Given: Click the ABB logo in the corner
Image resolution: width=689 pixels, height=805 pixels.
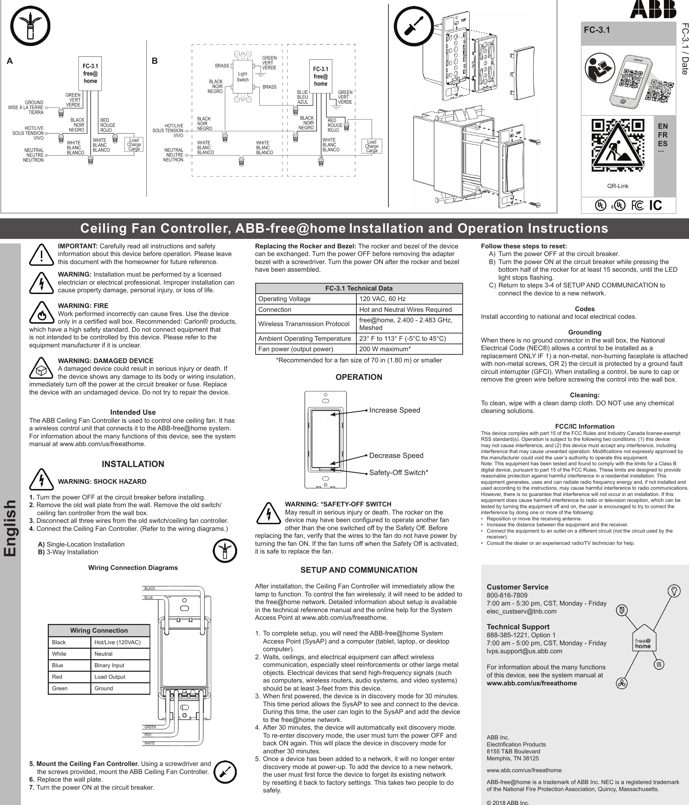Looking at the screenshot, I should coord(653,9).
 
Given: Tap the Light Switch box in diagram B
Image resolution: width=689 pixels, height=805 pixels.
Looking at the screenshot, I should coord(243,76).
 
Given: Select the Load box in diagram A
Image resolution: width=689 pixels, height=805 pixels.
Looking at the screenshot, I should coord(134,144).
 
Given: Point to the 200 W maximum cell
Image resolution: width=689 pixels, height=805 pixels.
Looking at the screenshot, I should coord(409,349).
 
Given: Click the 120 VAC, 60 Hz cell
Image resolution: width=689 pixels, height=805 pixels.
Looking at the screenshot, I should coord(409,299).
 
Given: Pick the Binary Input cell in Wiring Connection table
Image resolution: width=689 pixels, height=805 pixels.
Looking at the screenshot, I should coord(120,665).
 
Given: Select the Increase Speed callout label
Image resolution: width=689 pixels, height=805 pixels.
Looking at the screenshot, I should coord(395,410).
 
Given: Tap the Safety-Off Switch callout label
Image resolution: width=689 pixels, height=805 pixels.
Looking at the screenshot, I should coord(399,473).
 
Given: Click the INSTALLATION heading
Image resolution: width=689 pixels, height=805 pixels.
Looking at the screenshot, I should coord(133,464).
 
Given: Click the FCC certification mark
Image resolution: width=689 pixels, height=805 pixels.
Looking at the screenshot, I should coord(637,205).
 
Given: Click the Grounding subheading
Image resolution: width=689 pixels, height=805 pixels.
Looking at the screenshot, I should coord(584,332).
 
